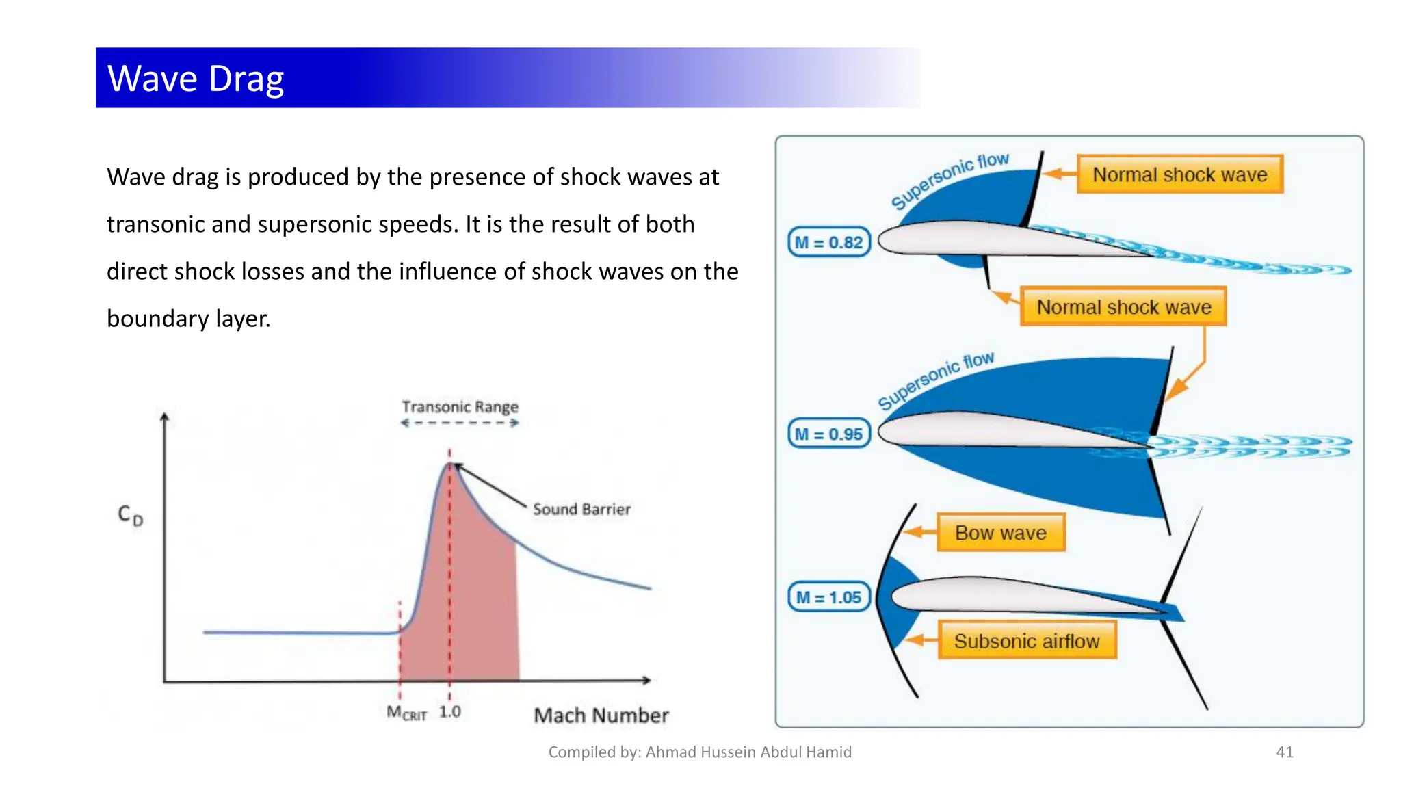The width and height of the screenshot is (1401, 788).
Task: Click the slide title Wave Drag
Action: (x=196, y=78)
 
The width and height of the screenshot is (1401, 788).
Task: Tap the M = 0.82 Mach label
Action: (x=828, y=242)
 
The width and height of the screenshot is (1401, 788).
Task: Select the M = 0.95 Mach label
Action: (x=828, y=434)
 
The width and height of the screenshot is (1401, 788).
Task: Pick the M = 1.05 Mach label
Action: (x=828, y=597)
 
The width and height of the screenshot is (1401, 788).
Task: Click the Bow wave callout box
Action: (x=1000, y=533)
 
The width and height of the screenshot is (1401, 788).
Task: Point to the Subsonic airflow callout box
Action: (x=1026, y=641)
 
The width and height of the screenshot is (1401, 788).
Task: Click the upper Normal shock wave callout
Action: (x=1179, y=174)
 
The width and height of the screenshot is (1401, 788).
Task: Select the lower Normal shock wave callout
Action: (x=1123, y=307)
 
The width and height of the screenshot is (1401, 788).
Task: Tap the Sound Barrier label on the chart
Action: (x=581, y=509)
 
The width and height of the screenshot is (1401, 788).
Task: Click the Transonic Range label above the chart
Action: (x=460, y=407)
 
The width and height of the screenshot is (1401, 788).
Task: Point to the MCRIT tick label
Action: (x=406, y=713)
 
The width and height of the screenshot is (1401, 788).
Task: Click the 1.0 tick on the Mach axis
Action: (x=449, y=711)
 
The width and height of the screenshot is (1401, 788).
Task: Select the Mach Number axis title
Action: (x=601, y=715)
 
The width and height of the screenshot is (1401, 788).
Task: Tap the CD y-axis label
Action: (x=130, y=514)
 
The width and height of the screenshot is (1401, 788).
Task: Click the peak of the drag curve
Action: (x=450, y=464)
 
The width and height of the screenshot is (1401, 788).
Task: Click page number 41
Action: (x=1285, y=752)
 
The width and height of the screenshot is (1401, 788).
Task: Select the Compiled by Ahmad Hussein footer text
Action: (x=700, y=752)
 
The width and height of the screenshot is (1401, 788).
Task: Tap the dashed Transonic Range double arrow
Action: (x=460, y=423)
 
